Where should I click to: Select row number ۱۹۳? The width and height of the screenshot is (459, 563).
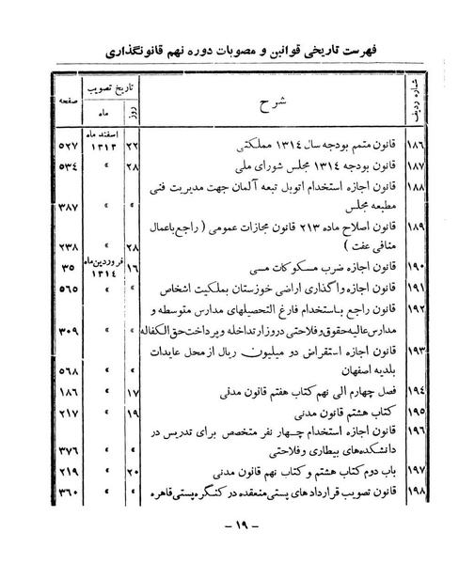point(411,350)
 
